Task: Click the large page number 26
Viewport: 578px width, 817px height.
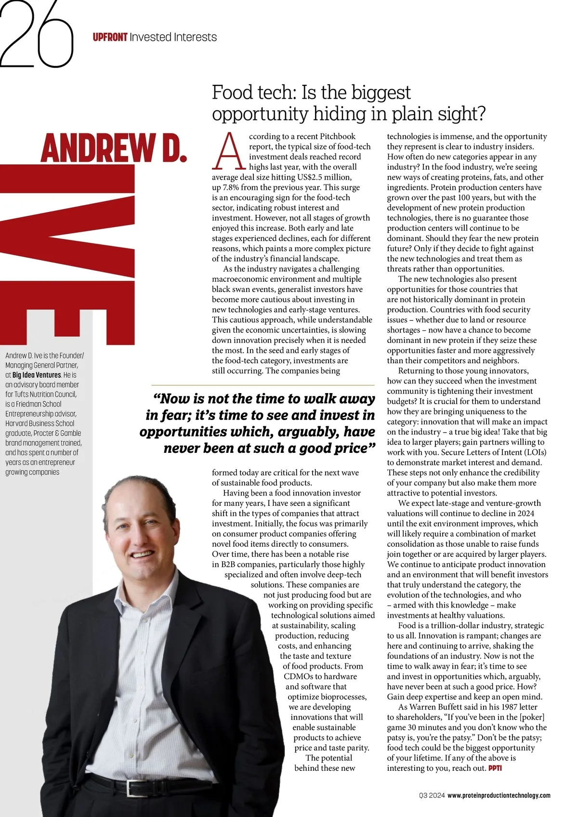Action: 37,34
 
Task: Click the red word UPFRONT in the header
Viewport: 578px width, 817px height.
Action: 110,37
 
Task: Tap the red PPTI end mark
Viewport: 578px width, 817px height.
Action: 495,768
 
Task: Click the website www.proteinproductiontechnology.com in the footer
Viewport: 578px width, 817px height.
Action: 499,795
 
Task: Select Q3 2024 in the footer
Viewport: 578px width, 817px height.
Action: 432,795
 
